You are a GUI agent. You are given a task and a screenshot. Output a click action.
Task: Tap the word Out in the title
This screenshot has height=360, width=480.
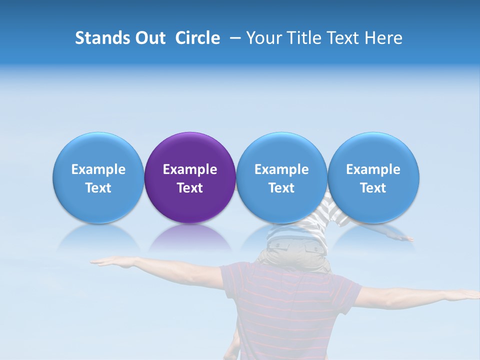149,38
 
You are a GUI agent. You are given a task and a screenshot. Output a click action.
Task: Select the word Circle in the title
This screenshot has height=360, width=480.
197,38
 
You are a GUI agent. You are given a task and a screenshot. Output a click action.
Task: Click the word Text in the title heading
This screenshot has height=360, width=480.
343,38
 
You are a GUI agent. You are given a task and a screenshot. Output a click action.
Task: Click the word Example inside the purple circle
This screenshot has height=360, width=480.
190,169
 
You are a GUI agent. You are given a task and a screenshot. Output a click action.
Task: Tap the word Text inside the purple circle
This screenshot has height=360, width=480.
190,188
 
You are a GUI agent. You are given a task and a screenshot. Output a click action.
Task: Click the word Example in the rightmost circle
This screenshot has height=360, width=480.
373,169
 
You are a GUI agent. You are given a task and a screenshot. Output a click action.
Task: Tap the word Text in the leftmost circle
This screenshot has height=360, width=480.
98,188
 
